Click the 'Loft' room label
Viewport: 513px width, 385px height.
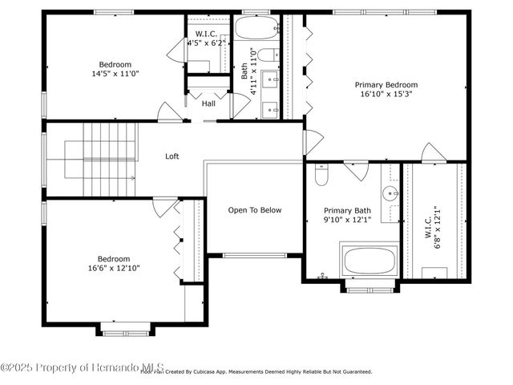click(x=172, y=156)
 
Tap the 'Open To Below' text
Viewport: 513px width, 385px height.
click(x=254, y=210)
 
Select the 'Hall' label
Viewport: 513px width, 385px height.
click(x=208, y=103)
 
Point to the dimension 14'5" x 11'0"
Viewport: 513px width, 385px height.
click(x=115, y=74)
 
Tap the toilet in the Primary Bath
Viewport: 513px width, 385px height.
click(x=321, y=172)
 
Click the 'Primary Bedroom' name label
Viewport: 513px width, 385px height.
click(x=386, y=84)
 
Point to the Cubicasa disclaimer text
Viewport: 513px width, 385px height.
click(x=256, y=372)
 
